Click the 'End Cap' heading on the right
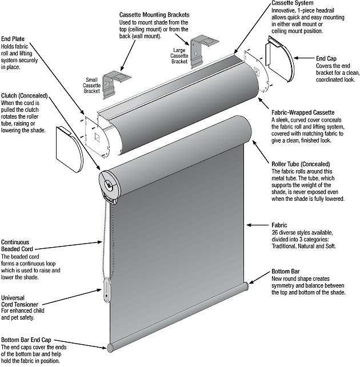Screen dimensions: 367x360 (x=326, y=58)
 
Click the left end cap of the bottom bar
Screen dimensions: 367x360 (x=110, y=346)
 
